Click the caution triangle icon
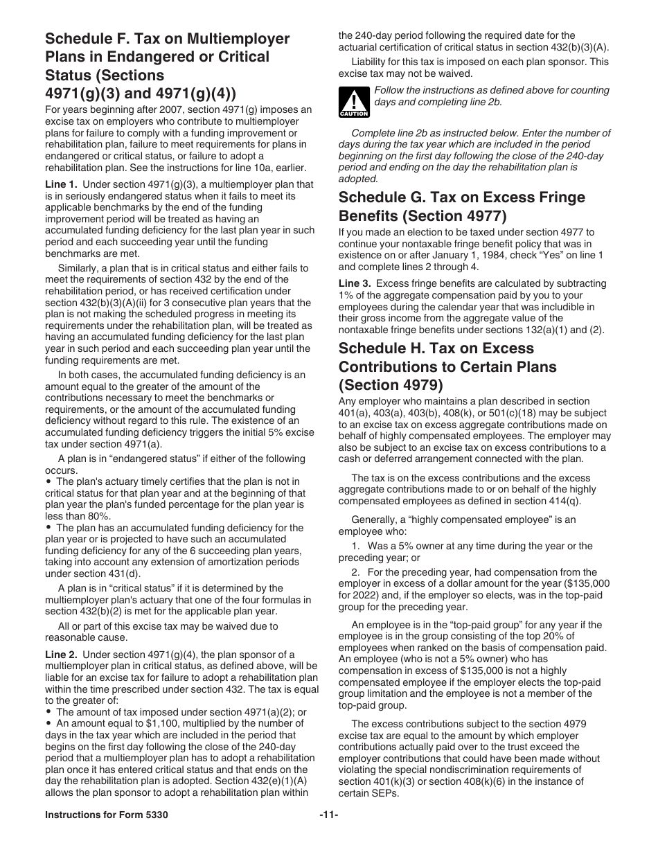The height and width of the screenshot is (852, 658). point(353,102)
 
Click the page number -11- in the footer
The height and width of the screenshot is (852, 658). point(329,815)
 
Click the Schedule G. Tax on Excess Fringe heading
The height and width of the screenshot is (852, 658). point(461,197)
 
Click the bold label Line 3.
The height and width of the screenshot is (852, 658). point(355,283)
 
